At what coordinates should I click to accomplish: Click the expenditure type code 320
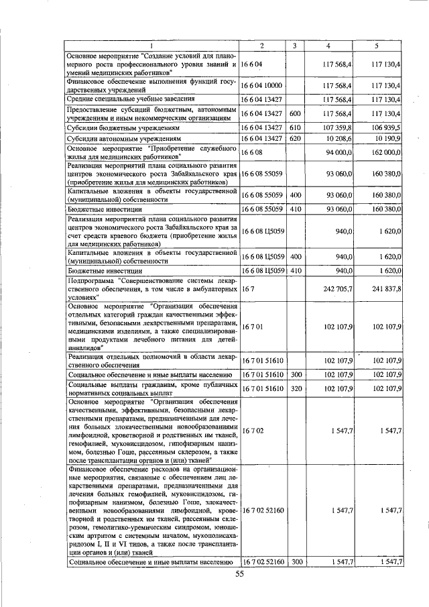pyautogui.click(x=294, y=388)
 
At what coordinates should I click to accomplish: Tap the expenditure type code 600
pyautogui.click(x=294, y=113)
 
